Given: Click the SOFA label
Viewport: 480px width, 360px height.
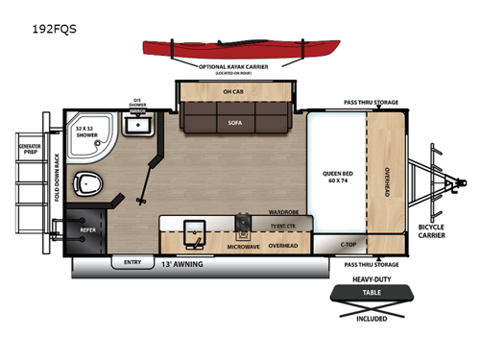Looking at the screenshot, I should coord(234,124).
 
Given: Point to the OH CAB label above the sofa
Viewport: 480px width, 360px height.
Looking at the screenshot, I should coord(234,93).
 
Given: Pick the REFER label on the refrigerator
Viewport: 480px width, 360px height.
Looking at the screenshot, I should coord(87,230).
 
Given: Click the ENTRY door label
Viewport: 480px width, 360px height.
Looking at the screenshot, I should coord(132,261).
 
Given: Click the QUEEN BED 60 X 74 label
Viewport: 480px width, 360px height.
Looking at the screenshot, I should coord(339,180).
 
